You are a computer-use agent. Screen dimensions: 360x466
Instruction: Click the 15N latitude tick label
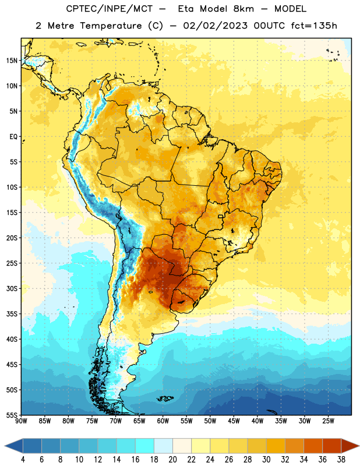point(12,61)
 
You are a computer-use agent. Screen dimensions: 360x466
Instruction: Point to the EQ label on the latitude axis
point(13,137)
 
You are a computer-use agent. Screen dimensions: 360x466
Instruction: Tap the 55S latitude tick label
point(12,415)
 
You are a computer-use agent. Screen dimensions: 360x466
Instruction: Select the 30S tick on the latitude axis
point(12,288)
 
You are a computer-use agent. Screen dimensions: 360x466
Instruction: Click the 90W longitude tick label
point(21,421)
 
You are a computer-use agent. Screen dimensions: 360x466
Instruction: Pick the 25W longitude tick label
point(328,421)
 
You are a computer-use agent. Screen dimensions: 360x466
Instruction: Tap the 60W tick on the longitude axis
point(163,421)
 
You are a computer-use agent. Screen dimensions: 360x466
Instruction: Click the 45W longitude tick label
point(234,421)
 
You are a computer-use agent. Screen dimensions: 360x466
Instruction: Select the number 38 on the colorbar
point(341,460)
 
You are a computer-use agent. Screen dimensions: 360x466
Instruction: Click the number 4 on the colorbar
point(23,460)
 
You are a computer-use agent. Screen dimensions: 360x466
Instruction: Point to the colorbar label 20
point(172,460)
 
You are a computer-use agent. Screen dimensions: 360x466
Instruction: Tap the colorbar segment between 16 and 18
point(145,446)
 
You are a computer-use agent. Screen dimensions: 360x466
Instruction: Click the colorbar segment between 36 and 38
point(332,446)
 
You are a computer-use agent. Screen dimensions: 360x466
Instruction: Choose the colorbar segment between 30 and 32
point(276,446)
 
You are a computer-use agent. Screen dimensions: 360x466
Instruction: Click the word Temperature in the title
point(111,26)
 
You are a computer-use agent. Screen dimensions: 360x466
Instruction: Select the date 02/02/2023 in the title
point(215,26)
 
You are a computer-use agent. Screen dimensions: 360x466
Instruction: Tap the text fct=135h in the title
point(314,26)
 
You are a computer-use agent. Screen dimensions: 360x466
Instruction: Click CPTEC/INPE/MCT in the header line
point(110,9)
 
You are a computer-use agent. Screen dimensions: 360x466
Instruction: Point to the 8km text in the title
point(243,9)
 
